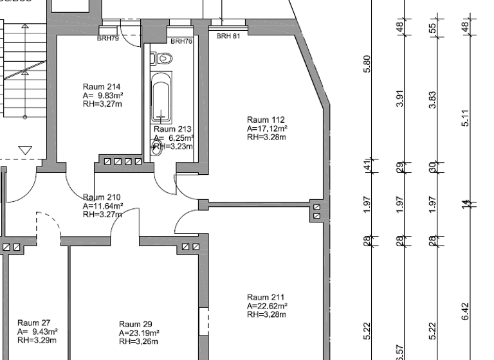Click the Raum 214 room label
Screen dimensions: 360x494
[102, 87]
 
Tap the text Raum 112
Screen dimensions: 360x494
[266, 120]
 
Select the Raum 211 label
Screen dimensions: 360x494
[266, 297]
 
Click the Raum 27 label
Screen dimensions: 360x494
[34, 323]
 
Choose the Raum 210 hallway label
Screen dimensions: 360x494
[102, 197]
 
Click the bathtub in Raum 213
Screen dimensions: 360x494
[161, 98]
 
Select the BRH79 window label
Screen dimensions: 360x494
[108, 39]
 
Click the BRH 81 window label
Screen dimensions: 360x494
[228, 37]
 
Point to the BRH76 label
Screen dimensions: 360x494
[181, 41]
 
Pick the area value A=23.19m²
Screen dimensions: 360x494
[139, 333]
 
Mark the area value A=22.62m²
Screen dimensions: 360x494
[267, 306]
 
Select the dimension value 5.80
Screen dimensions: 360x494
[367, 64]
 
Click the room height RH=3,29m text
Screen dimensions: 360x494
[37, 339]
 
